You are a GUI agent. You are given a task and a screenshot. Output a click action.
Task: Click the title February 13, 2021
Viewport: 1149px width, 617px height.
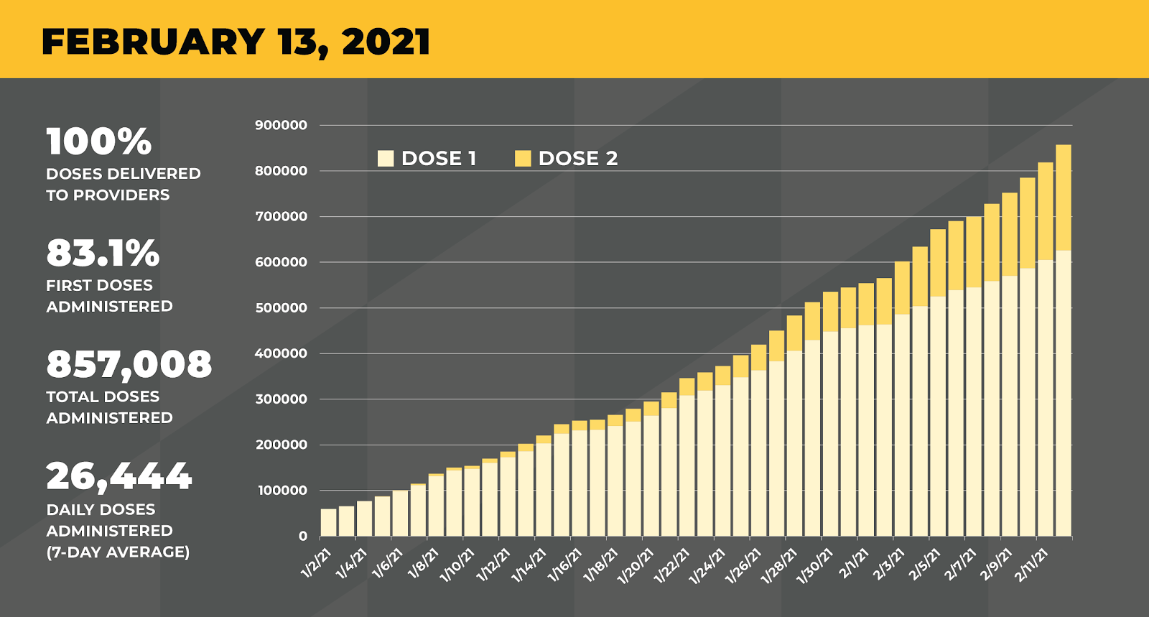tap(236, 41)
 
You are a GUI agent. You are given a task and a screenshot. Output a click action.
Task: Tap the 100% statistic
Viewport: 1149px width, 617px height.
tap(99, 142)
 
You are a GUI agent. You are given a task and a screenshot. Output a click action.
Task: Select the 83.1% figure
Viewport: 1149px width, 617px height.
tap(103, 253)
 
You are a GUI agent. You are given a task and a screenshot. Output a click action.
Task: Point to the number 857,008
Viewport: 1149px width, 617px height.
tap(129, 364)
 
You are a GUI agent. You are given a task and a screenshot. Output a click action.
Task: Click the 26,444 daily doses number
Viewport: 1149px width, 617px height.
tap(119, 476)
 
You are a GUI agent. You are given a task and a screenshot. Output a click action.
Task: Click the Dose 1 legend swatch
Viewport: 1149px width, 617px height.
tap(386, 159)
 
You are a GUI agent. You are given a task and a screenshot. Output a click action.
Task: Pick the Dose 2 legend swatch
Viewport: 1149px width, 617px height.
tap(523, 159)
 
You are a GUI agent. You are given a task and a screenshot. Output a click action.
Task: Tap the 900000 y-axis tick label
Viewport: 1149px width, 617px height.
tap(281, 125)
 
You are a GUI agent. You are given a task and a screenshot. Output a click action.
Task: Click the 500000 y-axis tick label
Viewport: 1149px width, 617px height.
tap(281, 307)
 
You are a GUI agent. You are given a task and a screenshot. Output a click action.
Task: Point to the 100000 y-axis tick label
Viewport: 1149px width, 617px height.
tap(281, 491)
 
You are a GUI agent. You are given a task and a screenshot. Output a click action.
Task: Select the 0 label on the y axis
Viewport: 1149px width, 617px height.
tap(302, 536)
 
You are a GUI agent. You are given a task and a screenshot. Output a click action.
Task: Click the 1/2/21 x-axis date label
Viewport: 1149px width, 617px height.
tap(316, 562)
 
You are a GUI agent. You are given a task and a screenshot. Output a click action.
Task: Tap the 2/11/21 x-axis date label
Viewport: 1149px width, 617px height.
tap(1032, 565)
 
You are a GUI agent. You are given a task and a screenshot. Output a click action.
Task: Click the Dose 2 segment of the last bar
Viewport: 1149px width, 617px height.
tap(1064, 198)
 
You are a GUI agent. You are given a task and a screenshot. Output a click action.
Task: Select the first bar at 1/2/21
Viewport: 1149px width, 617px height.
tap(328, 522)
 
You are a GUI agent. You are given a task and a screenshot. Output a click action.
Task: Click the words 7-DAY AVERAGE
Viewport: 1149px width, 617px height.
tap(118, 552)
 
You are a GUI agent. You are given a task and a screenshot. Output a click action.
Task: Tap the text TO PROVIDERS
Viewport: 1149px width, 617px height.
tap(108, 195)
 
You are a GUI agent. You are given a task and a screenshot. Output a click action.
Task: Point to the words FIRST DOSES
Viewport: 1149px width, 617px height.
tap(99, 285)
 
